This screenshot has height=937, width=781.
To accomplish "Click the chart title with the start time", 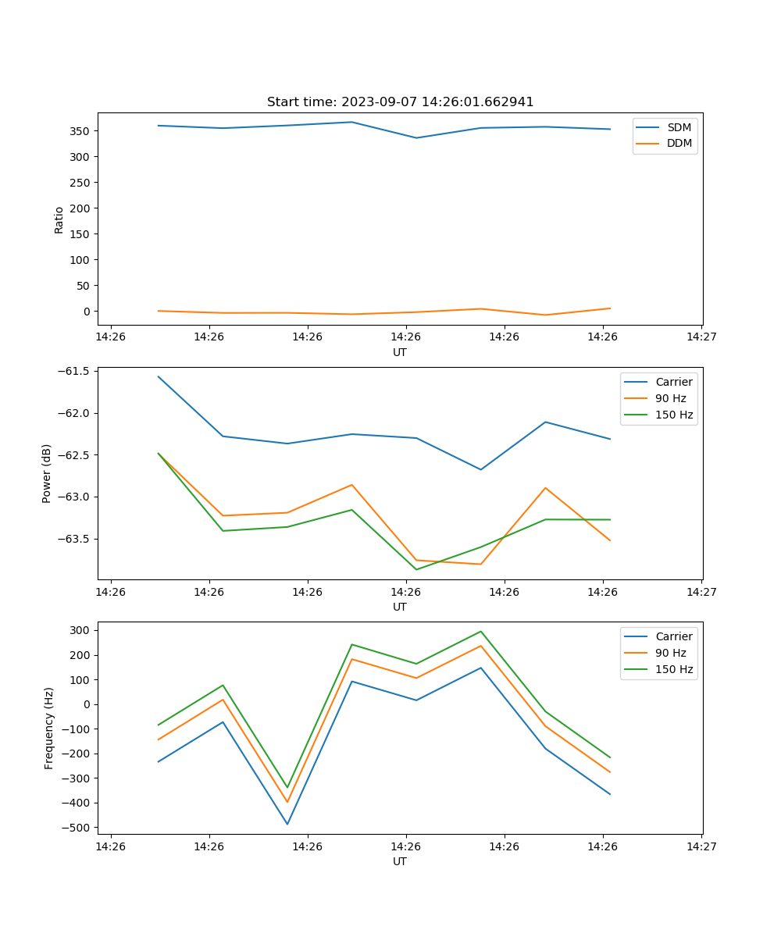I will click(400, 102).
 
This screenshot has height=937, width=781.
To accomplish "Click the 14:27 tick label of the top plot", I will click(701, 337).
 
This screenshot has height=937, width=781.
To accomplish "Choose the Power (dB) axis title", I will click(47, 473).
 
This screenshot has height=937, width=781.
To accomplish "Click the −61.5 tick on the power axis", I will click(75, 371).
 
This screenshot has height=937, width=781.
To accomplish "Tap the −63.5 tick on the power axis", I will click(75, 539).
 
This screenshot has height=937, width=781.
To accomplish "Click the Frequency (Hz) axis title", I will click(49, 728).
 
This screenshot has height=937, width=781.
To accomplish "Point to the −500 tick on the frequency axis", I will click(77, 828).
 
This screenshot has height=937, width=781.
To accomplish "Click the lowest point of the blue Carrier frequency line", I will click(287, 824).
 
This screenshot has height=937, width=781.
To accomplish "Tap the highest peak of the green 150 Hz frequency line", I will click(481, 632).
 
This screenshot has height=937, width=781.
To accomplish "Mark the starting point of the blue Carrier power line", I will click(159, 376).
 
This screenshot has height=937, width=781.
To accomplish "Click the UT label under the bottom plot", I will click(400, 861).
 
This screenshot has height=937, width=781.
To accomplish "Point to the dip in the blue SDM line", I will click(416, 138).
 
